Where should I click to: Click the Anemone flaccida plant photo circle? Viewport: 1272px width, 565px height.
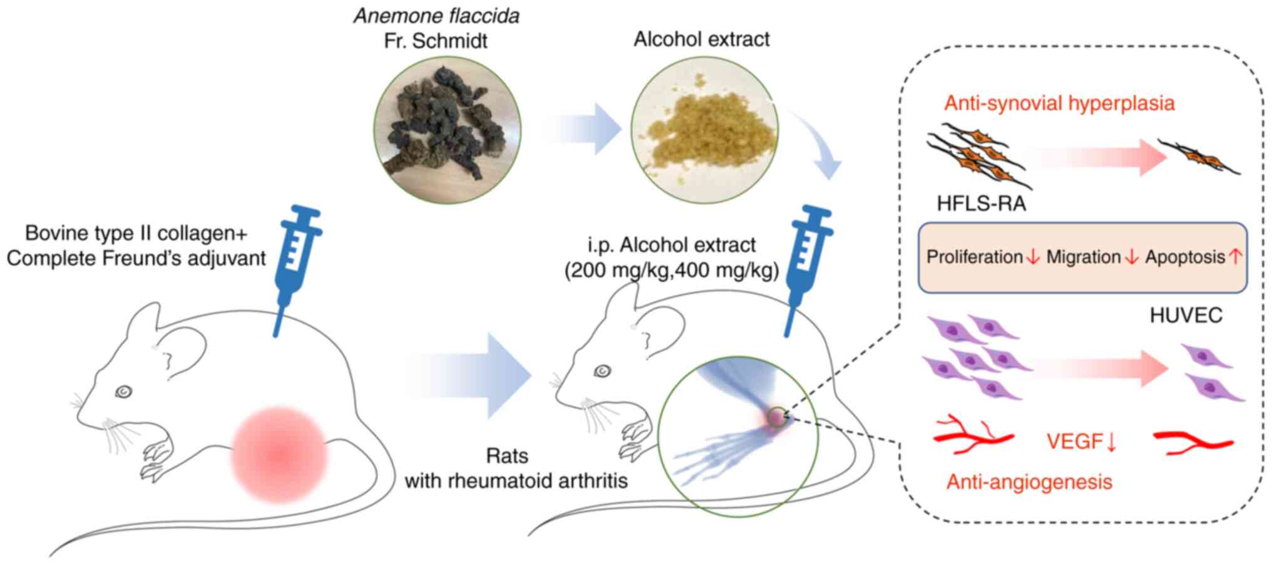coord(447,130)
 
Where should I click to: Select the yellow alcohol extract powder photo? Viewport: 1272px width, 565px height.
coord(704,130)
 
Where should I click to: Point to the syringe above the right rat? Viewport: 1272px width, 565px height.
coord(808,263)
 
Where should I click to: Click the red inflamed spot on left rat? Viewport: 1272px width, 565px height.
coord(279,454)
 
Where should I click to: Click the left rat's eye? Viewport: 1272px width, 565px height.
coord(123,392)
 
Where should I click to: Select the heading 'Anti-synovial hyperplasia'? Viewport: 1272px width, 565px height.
coord(1059,103)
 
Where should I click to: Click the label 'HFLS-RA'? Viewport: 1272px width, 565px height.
coord(981,204)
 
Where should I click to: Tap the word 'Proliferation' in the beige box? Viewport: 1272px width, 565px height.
coord(975,257)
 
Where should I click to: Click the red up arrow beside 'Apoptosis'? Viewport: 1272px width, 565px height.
coord(1235,257)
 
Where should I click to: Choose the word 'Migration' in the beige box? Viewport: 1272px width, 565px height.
coord(1084,257)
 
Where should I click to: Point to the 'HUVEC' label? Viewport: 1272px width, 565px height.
coord(1186,315)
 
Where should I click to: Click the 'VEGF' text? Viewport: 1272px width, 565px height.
coord(1074,442)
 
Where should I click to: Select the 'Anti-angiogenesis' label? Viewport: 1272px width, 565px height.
coord(1029,482)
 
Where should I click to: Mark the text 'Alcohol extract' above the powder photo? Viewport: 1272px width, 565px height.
coord(701,39)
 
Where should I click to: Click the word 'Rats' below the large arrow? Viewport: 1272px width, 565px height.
coord(507,456)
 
